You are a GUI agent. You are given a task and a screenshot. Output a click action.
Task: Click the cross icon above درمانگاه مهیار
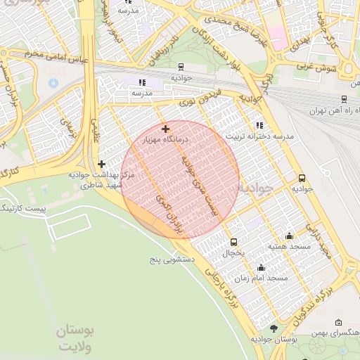[165, 129]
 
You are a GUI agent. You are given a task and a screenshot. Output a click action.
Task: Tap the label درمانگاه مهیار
[163, 141]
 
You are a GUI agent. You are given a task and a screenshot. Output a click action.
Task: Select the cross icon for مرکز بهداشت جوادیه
[102, 164]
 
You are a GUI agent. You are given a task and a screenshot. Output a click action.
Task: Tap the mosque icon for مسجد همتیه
[289, 236]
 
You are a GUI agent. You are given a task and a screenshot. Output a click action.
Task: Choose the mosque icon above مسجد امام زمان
[262, 267]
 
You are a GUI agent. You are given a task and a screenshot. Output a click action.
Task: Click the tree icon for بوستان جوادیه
[274, 328]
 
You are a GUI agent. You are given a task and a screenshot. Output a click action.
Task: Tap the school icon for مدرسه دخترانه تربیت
[260, 124]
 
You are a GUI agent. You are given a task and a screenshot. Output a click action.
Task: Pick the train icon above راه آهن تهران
[344, 99]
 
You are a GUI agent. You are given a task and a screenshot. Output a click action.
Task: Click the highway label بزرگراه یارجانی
[224, 292]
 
